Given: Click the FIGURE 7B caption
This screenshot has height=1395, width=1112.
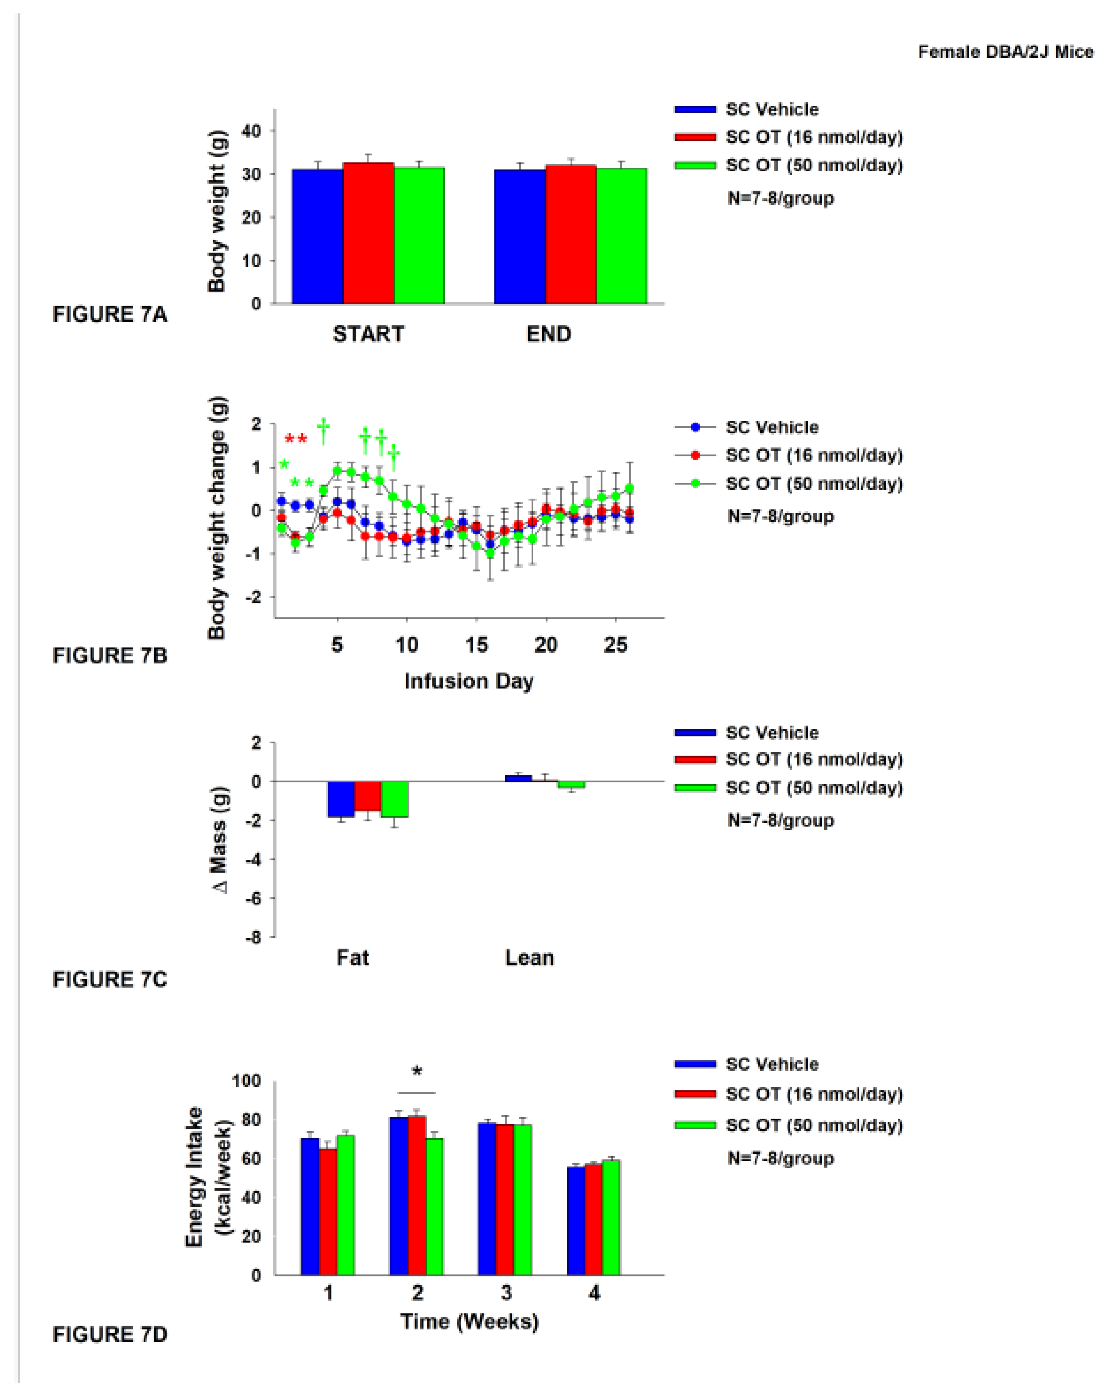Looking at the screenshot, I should click(x=109, y=656).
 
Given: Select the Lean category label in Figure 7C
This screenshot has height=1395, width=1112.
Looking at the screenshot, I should click(x=529, y=957).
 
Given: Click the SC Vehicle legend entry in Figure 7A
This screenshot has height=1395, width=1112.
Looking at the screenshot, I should click(x=771, y=109).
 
